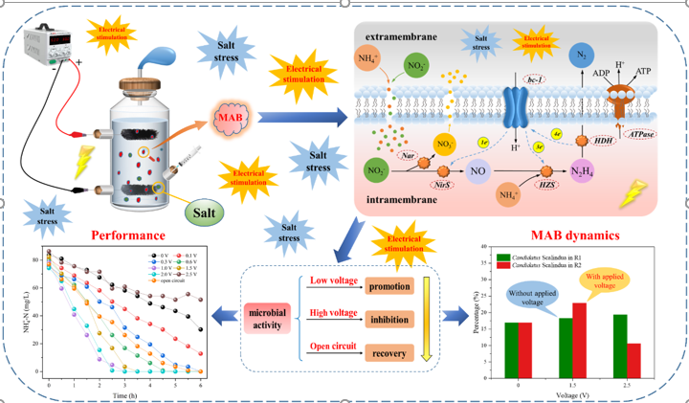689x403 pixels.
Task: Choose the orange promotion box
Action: coord(388,285)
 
